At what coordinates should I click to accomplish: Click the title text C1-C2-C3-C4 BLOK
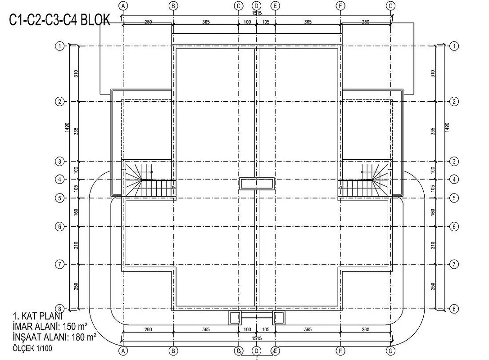click(60, 20)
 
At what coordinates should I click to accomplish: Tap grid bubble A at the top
click(123, 5)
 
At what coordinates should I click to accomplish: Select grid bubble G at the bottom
click(390, 351)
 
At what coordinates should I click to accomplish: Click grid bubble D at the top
click(256, 5)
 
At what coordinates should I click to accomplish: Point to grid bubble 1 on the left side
click(59, 46)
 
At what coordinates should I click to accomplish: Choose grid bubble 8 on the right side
click(454, 309)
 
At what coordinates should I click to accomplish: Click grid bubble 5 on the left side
click(59, 198)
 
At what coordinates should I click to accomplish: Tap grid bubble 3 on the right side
click(454, 162)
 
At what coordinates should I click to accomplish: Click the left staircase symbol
click(149, 180)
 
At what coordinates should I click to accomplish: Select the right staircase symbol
click(364, 180)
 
